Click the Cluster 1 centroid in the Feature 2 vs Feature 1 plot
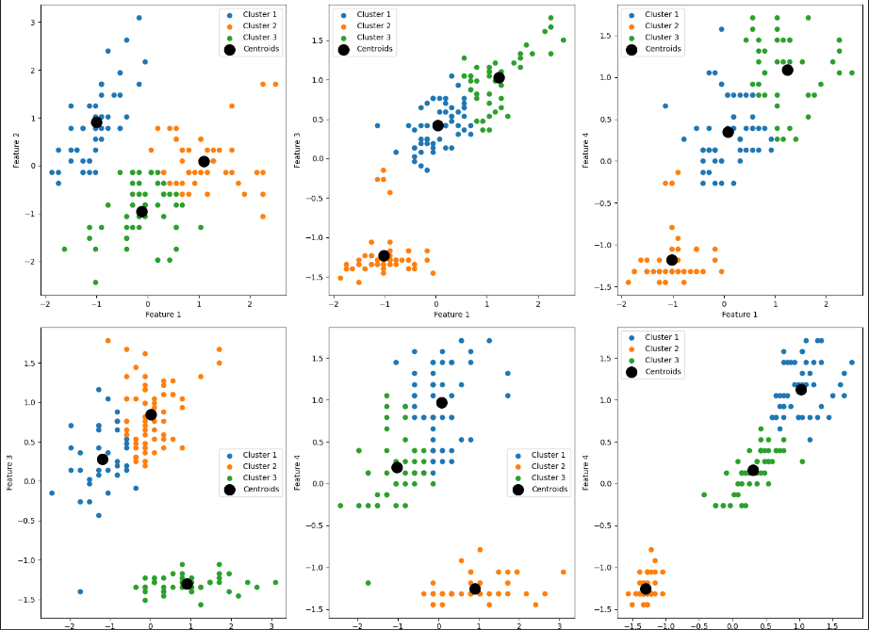pyautogui.click(x=96, y=121)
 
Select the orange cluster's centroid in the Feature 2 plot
pyautogui.click(x=204, y=161)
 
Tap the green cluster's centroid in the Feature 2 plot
pyautogui.click(x=141, y=211)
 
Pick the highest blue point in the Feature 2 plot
pyautogui.click(x=139, y=18)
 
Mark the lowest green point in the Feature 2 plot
pyautogui.click(x=95, y=282)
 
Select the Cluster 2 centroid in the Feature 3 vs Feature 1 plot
pyautogui.click(x=384, y=255)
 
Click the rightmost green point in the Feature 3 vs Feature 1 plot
pyautogui.click(x=563, y=40)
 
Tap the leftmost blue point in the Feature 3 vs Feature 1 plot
pyautogui.click(x=377, y=125)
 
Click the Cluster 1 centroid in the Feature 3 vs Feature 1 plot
pyautogui.click(x=437, y=125)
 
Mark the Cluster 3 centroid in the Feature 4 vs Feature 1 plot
pyautogui.click(x=787, y=70)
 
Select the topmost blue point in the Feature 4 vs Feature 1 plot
pyautogui.click(x=721, y=29)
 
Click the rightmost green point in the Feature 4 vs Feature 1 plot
pyautogui.click(x=852, y=73)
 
